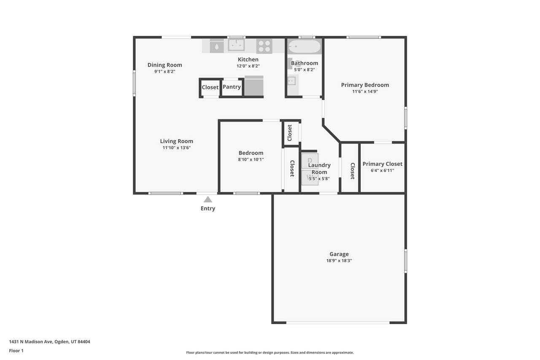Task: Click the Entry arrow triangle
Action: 208,199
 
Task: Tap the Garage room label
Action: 339,254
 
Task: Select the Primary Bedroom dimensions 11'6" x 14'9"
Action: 365,92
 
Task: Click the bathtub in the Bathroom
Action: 305,46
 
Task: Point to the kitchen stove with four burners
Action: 264,46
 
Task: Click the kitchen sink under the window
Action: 237,45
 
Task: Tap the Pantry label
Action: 232,87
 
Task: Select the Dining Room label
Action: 165,65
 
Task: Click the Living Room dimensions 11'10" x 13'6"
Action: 176,148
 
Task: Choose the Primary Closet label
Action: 382,164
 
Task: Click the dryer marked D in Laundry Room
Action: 310,161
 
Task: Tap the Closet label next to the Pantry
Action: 210,87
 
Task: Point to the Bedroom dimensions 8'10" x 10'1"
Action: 251,160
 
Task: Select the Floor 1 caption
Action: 16,351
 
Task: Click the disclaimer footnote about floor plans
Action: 270,352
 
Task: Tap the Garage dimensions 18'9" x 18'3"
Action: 339,260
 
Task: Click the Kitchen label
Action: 248,60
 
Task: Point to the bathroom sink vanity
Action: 293,84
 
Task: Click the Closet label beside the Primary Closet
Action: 352,171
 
